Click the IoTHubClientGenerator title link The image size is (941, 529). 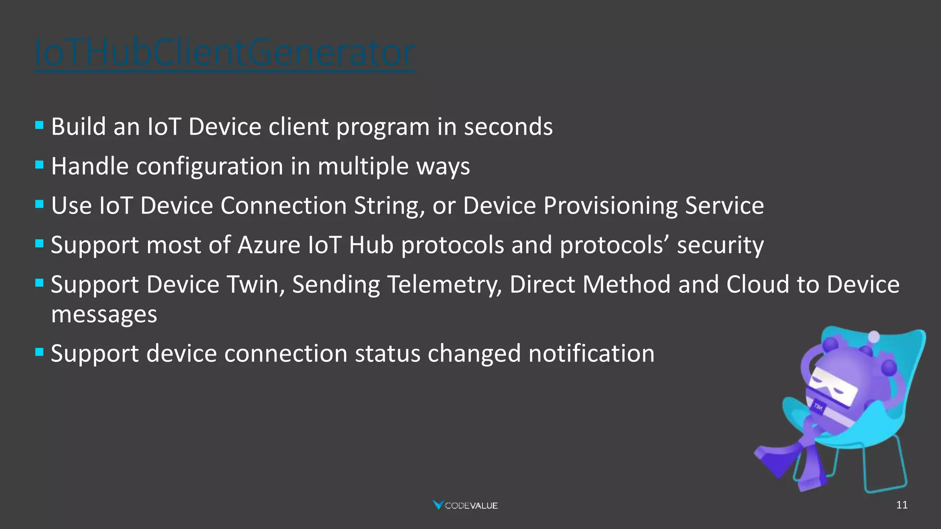coord(225,53)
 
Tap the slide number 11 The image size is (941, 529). coord(901,505)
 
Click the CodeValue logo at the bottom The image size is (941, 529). coord(465,505)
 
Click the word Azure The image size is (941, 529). coord(269,245)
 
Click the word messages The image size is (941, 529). coord(104,315)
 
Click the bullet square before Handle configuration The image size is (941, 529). coord(40,164)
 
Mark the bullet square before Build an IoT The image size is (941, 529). coord(40,124)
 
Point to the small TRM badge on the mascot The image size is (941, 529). coord(818,407)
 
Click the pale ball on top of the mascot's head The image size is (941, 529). coord(874,337)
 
